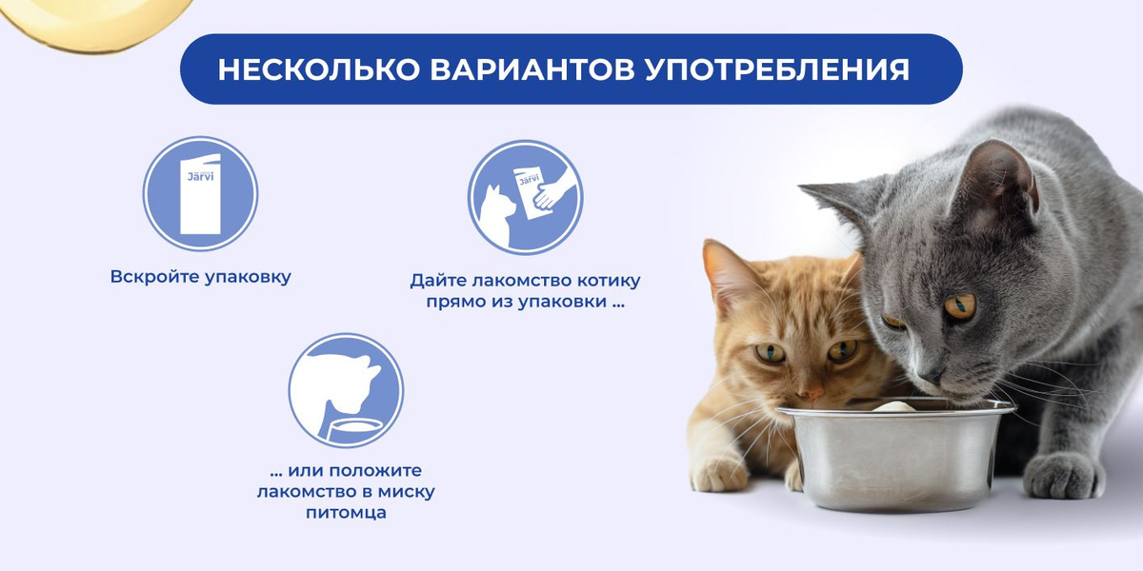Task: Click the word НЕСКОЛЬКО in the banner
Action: (319, 69)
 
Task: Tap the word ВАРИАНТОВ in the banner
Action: (532, 69)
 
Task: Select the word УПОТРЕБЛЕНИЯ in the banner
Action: (777, 69)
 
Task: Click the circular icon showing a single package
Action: (200, 194)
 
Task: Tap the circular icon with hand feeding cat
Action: (525, 197)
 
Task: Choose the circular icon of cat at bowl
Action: (346, 390)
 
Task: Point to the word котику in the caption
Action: (609, 281)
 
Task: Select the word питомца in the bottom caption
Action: (346, 513)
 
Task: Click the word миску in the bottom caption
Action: (406, 491)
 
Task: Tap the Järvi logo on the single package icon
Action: (201, 176)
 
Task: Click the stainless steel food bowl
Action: (895, 455)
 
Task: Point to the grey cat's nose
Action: (932, 376)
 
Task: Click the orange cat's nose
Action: (811, 392)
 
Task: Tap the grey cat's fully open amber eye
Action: (960, 306)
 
